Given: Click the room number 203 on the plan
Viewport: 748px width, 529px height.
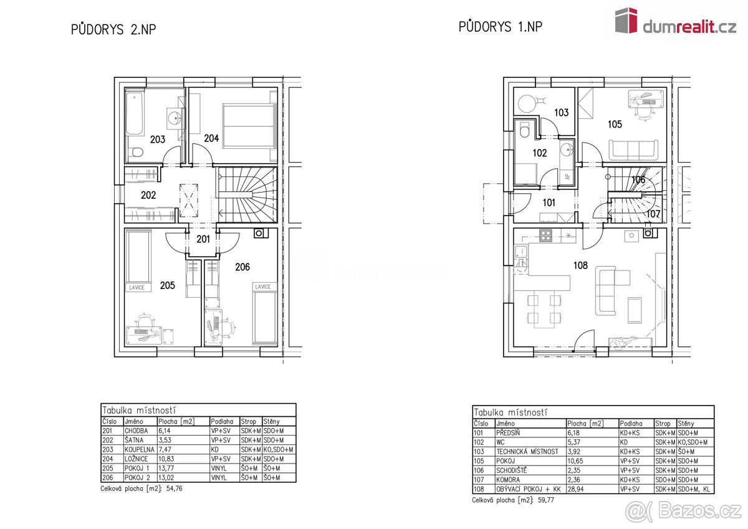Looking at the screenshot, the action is pos(157,139).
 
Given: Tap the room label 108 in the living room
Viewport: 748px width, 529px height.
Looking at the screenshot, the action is pos(580,265).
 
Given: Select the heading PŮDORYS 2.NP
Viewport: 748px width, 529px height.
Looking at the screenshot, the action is pos(113,29).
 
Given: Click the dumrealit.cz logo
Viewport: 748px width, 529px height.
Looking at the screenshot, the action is pos(676,21).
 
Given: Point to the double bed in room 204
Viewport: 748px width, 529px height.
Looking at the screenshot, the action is pos(249,125).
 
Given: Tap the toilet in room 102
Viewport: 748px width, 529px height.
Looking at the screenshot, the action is pos(524,130).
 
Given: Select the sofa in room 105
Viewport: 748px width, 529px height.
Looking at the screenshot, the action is pos(634,150).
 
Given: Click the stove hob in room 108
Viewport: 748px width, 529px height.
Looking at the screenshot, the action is pos(545,236).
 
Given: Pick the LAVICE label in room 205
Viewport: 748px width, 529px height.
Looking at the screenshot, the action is pos(137,287).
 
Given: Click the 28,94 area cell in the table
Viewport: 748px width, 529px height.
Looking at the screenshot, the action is pos(575,489).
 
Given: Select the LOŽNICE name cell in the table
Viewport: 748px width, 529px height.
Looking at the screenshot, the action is pos(137,459).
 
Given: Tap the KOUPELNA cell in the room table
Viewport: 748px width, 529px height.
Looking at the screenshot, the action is pos(139,450).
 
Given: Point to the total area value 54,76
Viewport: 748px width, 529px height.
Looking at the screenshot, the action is pos(175,488).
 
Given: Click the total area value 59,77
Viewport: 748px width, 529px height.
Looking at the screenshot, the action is pos(546,500).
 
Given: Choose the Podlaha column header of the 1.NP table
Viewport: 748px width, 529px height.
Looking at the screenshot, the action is pos(631,424).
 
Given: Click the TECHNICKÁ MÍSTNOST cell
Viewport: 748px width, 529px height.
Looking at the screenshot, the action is pos(527,452).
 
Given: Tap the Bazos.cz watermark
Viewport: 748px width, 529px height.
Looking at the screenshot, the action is pos(684,512).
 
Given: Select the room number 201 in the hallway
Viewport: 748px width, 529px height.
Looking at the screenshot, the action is pos(203,239).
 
